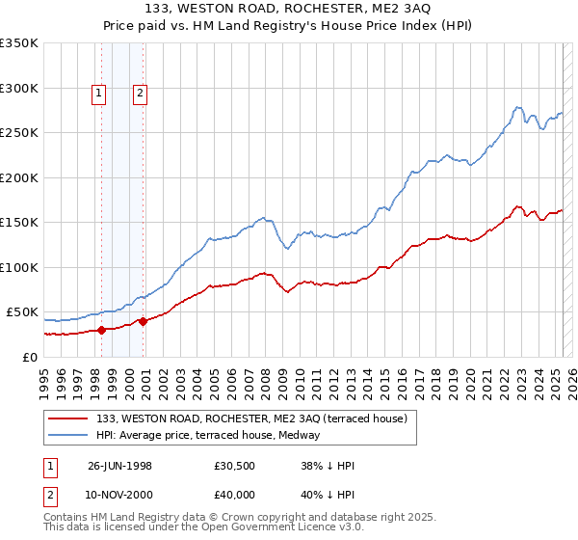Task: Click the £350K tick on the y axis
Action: coord(19,43)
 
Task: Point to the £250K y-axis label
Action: coord(19,133)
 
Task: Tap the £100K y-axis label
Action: coord(19,267)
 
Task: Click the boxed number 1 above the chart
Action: coord(98,94)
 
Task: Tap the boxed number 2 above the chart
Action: coord(140,94)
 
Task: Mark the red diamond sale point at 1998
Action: coord(101,330)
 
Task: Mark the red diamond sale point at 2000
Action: coord(143,321)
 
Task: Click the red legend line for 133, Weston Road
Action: coord(68,418)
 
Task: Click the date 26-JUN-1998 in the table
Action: coord(119,466)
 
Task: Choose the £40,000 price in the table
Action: coord(235,495)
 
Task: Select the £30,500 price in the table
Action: coord(235,466)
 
